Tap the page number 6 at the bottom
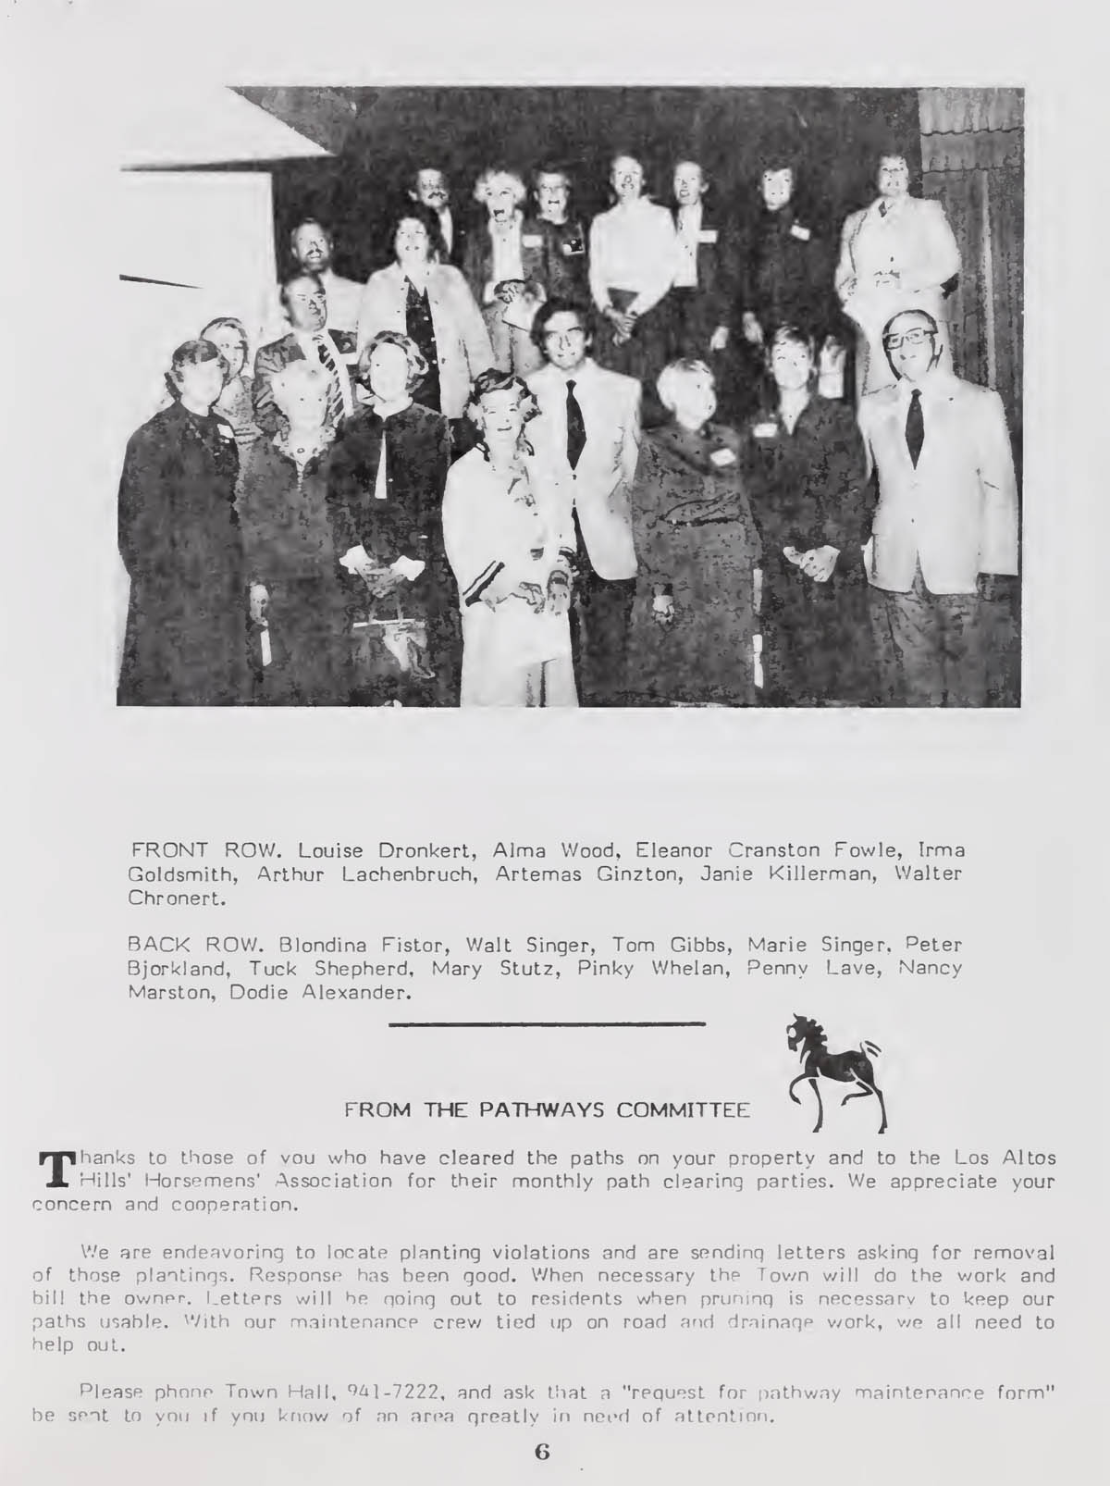click(543, 1452)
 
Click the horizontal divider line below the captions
click(547, 1023)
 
